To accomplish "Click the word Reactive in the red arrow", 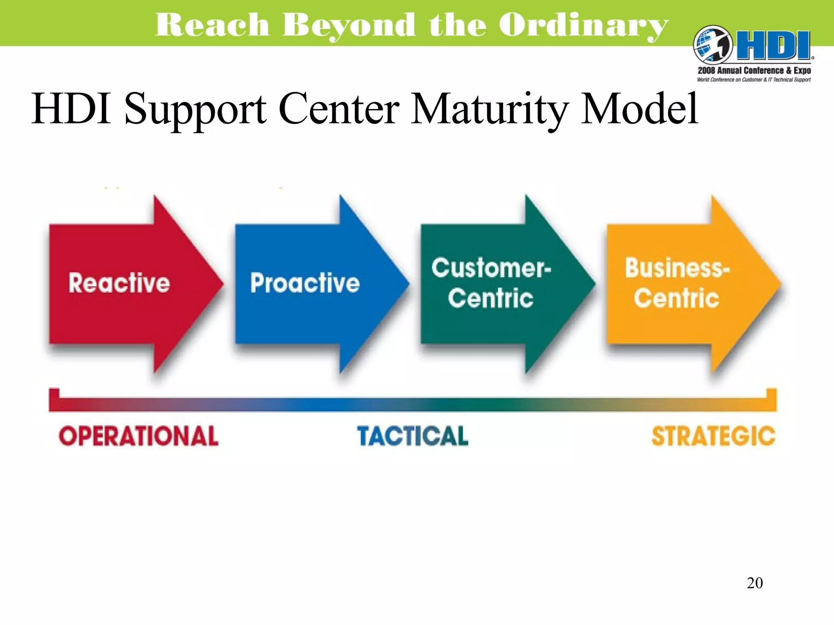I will [x=119, y=283].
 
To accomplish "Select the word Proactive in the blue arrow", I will [x=305, y=283].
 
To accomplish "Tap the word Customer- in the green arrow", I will [x=491, y=268].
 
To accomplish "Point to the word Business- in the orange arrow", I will [x=677, y=268].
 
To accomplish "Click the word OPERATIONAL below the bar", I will [x=138, y=436].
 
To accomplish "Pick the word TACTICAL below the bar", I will [x=413, y=436].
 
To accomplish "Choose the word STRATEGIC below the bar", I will [x=713, y=436].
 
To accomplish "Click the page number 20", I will [x=755, y=583].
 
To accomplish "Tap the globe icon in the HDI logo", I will [x=713, y=44].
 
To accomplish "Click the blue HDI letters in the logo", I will [x=774, y=46].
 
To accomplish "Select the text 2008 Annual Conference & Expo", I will [x=754, y=70].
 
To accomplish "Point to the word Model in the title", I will [x=639, y=109].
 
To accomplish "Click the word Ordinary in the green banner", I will [x=583, y=25].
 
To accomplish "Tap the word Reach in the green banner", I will [x=212, y=25].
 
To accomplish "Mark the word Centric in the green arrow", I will [x=491, y=298].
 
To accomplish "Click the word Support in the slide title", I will [x=195, y=109].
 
